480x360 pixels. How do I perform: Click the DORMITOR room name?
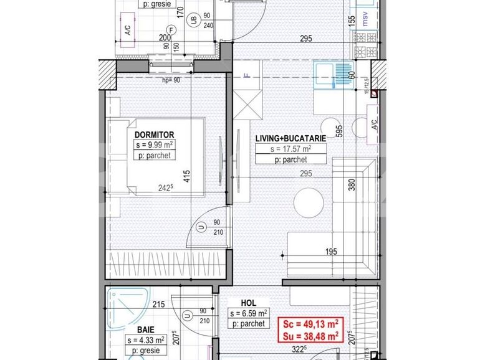(153, 134)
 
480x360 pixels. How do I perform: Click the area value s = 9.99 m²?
(153, 144)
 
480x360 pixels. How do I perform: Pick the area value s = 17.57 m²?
(290, 149)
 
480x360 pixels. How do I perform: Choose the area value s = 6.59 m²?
(248, 313)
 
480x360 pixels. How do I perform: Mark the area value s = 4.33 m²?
(145, 339)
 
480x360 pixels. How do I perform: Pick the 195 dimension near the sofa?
(331, 252)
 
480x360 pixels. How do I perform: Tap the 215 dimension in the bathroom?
(158, 305)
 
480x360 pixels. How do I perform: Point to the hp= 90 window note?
(171, 80)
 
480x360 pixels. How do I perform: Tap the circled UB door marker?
(196, 19)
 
